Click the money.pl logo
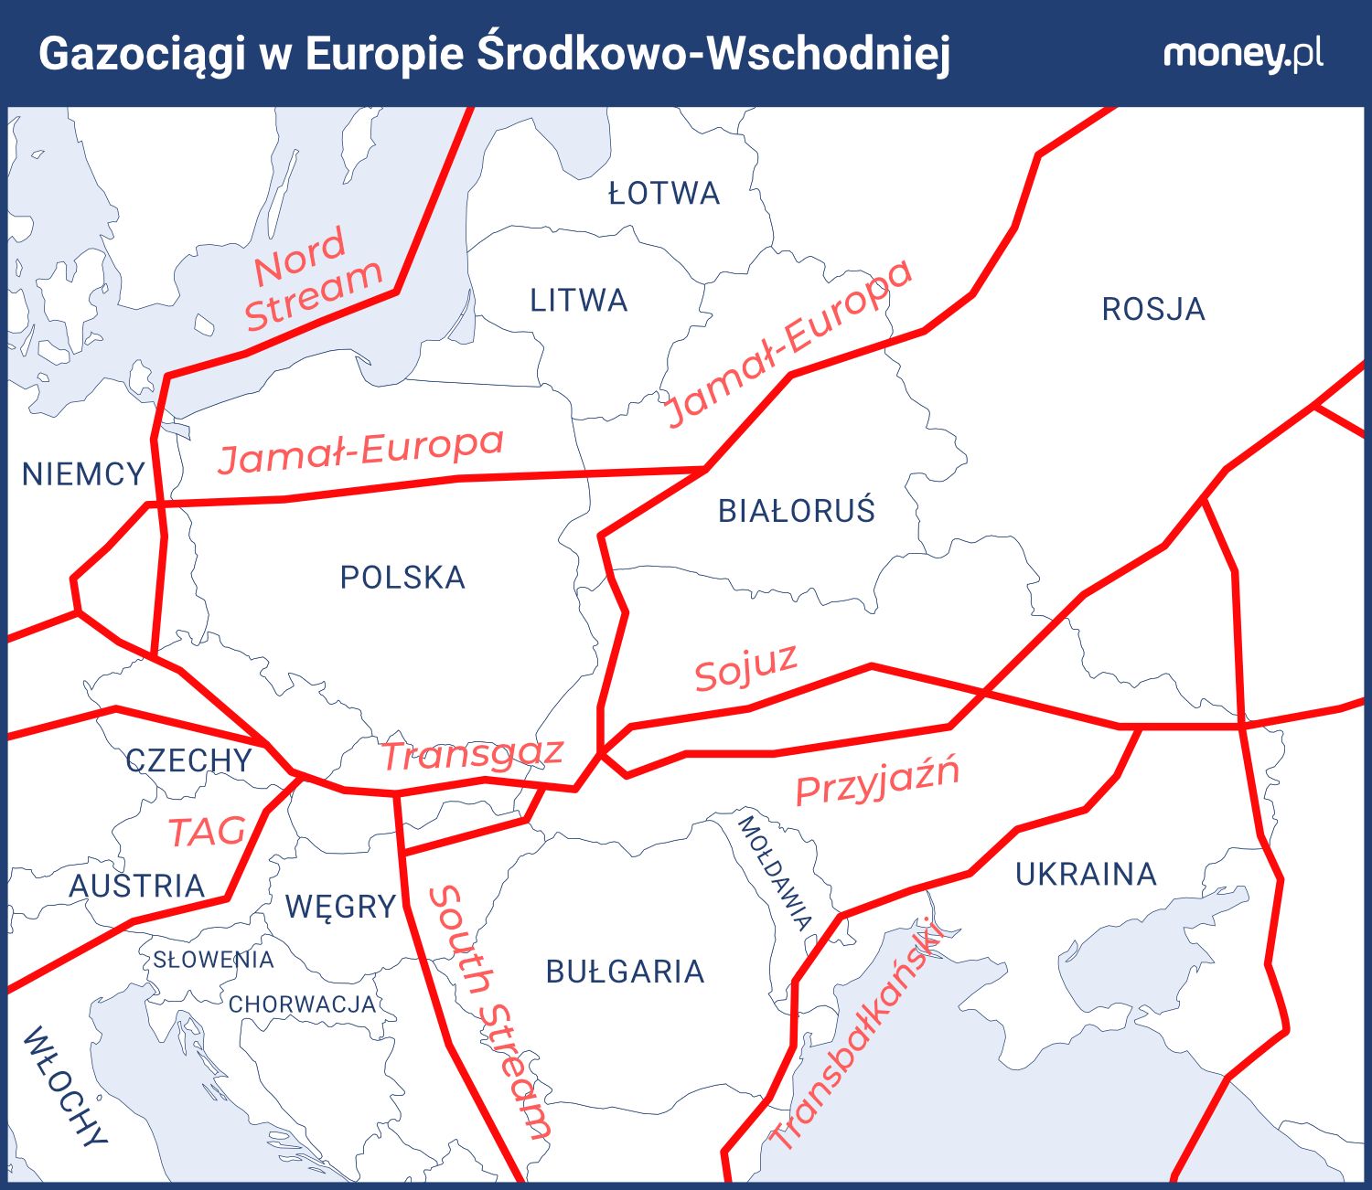[x=1242, y=54]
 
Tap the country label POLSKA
[x=402, y=578]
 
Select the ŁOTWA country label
[x=664, y=194]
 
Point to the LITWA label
[x=579, y=301]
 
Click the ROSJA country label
[x=1153, y=310]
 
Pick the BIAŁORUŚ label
[x=797, y=511]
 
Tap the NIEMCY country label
[x=83, y=474]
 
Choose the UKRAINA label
[x=1086, y=875]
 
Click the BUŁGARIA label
[x=625, y=972]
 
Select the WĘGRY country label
[x=340, y=907]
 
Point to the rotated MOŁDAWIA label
[x=775, y=873]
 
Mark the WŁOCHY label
[x=65, y=1086]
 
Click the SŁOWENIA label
[x=213, y=960]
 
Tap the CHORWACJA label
[x=302, y=1004]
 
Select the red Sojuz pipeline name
[x=745, y=667]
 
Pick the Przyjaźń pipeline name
[x=877, y=780]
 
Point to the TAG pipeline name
[x=207, y=832]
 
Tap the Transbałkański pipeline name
[x=856, y=1033]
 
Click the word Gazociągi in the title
[x=142, y=54]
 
